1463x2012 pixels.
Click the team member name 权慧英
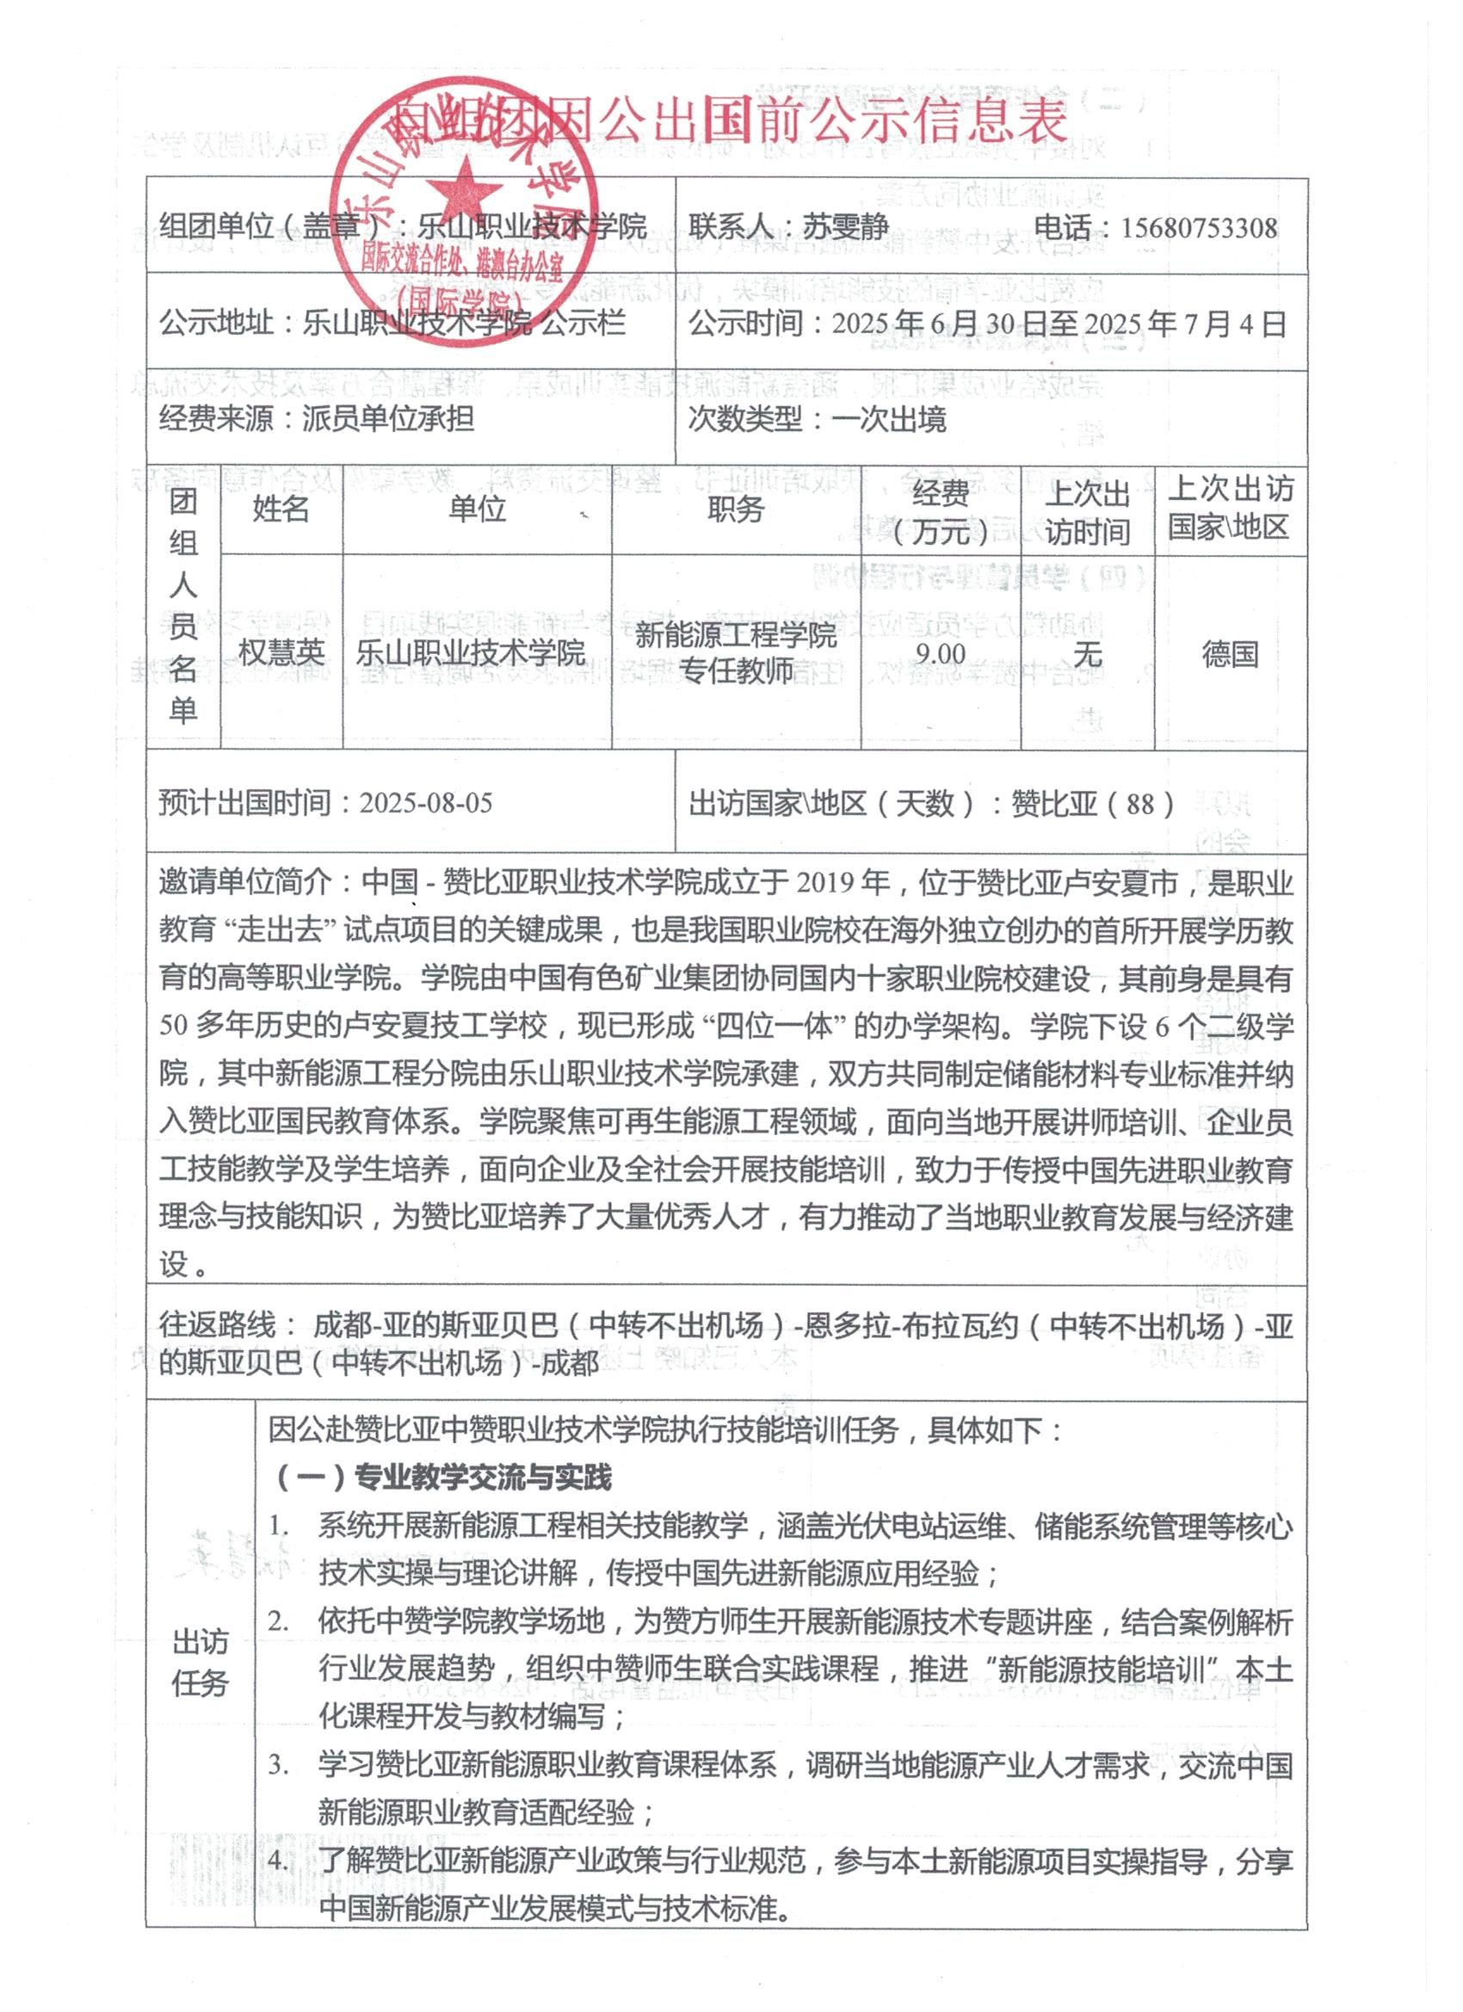coord(281,653)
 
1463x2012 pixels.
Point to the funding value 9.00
coord(941,654)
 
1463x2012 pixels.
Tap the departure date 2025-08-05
coord(425,804)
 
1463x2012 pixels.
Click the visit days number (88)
coord(1139,805)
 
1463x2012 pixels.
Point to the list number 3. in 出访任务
coord(281,1765)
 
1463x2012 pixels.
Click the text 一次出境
coord(889,419)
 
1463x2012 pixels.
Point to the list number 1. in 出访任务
coord(281,1527)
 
